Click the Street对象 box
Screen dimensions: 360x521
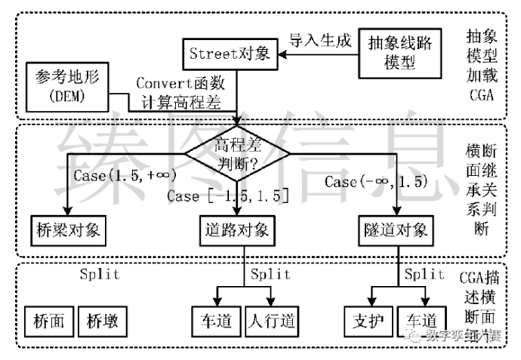[230, 54]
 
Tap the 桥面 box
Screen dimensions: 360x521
[50, 321]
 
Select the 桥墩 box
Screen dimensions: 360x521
[103, 321]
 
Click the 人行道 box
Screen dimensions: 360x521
[270, 321]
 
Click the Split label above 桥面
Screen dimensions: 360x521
[100, 275]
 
